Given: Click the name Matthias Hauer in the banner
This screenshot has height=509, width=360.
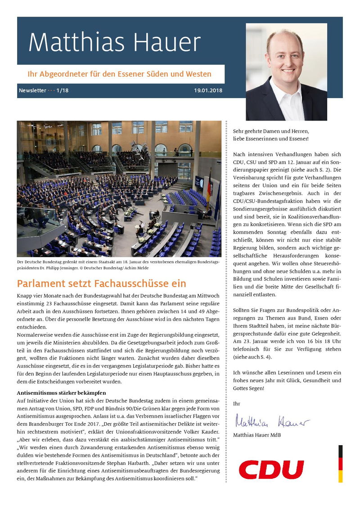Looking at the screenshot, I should click(x=114, y=43).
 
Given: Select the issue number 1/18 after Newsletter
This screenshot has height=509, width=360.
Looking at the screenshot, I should click(x=63, y=90).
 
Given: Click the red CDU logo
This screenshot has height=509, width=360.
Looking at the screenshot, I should click(x=271, y=470).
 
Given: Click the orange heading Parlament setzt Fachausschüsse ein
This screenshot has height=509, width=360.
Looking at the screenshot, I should click(x=101, y=284).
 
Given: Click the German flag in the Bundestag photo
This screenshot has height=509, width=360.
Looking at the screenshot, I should click(x=209, y=185).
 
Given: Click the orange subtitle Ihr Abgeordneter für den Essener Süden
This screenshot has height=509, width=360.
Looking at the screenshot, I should click(x=120, y=74).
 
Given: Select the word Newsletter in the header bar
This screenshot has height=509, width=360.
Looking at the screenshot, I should click(x=32, y=90).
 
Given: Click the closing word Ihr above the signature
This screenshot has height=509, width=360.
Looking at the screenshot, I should click(x=237, y=404).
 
